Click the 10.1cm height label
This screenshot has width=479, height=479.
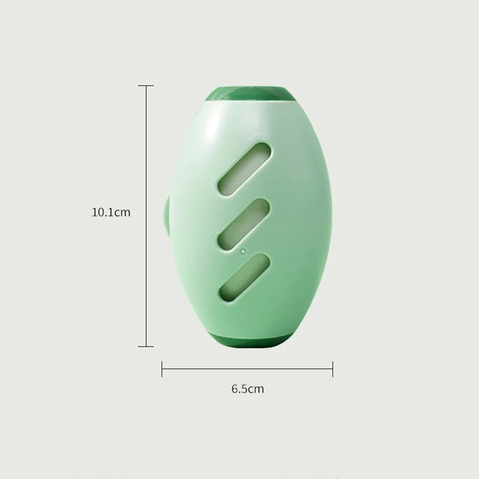(x=111, y=212)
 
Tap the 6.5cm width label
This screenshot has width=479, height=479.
(x=247, y=389)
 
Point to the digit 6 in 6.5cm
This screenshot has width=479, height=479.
(x=235, y=389)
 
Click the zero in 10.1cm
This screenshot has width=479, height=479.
(x=101, y=212)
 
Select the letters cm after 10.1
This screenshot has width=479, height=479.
(x=122, y=212)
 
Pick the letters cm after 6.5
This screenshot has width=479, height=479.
(x=256, y=389)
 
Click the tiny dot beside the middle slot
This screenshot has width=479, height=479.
(x=242, y=251)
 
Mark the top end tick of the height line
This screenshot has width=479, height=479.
(x=145, y=86)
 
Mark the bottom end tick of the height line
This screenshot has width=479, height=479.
(x=145, y=346)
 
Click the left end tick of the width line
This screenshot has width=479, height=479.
(x=162, y=368)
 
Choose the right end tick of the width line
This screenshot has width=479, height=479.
(x=333, y=368)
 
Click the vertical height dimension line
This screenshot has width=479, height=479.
(x=145, y=150)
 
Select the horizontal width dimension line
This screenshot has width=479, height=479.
(x=247, y=368)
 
